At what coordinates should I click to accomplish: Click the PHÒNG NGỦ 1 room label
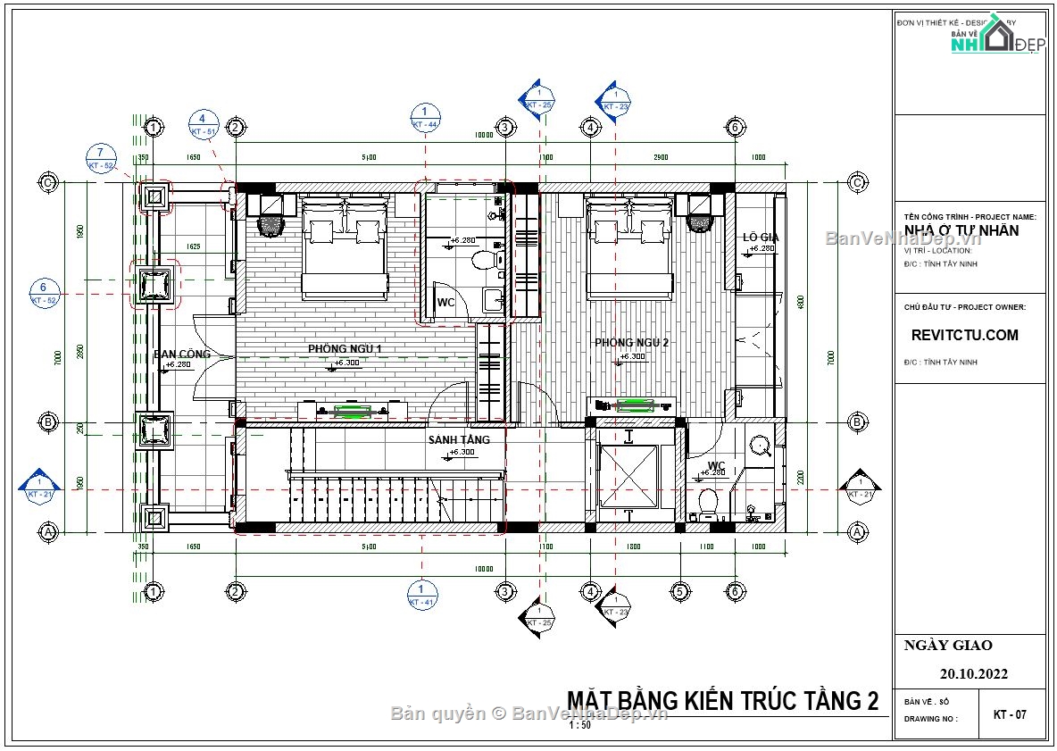tap(345, 347)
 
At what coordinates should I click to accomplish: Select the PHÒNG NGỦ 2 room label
tap(632, 342)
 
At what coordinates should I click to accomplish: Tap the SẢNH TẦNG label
tap(459, 440)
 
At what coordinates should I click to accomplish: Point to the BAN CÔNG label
tap(182, 354)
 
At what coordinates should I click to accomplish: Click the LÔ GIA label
tap(762, 238)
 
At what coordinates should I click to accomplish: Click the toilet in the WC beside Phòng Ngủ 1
tap(484, 260)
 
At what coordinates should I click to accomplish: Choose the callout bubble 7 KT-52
tap(101, 158)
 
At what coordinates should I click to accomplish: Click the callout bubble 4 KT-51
tap(203, 124)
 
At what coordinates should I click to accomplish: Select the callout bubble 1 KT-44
tap(425, 118)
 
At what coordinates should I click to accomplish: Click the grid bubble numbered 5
tap(678, 591)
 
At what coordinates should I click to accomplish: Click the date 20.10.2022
tap(973, 674)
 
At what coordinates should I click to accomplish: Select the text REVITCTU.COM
tap(964, 336)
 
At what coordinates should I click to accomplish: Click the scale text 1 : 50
tap(579, 725)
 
